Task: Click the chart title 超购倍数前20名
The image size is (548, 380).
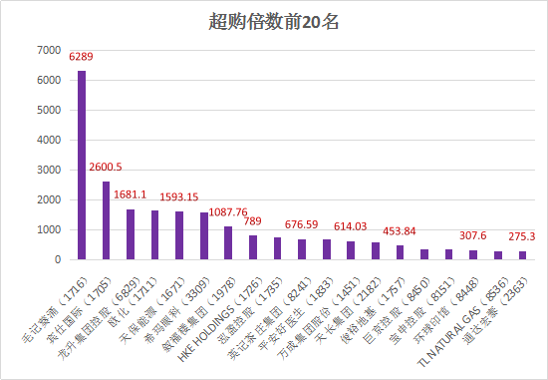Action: tap(274, 21)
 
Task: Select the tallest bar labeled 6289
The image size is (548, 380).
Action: tap(82, 165)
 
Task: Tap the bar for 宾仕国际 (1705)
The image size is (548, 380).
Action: tap(106, 220)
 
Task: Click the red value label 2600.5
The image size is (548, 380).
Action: tap(106, 167)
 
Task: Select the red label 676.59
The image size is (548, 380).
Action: tap(302, 224)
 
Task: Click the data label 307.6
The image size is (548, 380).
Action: tap(473, 235)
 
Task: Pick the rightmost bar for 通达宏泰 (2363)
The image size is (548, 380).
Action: tap(522, 254)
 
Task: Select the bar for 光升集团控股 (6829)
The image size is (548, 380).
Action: tap(131, 234)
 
